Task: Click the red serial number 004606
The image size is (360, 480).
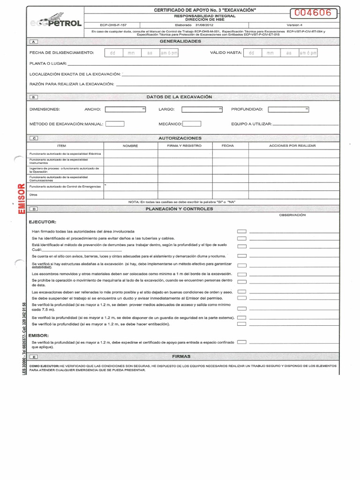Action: [314, 13]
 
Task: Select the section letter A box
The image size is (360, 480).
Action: [37, 42]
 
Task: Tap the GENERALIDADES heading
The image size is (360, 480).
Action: [180, 41]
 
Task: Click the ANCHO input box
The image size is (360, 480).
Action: [126, 109]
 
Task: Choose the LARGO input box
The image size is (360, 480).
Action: [202, 109]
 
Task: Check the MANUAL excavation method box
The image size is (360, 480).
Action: [115, 124]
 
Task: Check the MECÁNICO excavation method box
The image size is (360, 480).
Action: [192, 124]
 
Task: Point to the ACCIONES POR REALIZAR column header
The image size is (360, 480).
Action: [292, 146]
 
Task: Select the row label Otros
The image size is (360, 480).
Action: [33, 195]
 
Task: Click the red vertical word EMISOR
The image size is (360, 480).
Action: [21, 199]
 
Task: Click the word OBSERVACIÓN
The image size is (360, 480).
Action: [292, 215]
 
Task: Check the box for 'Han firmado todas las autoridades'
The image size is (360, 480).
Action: [241, 232]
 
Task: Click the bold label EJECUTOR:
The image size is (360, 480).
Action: [43, 222]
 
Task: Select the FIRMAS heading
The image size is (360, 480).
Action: [181, 356]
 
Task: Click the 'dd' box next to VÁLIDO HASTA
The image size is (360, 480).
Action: [252, 53]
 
